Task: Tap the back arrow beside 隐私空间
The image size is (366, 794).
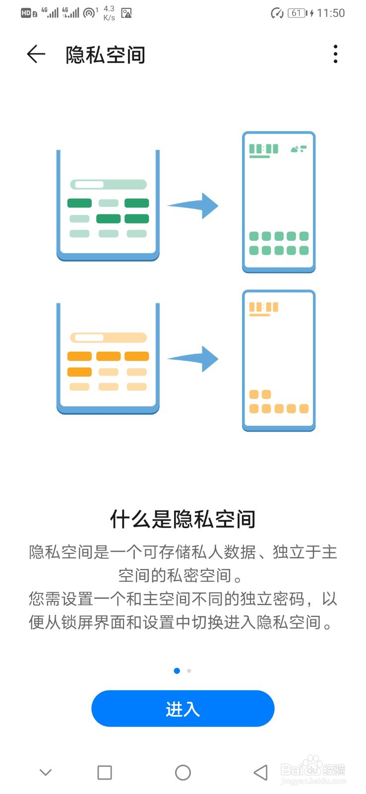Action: [36, 54]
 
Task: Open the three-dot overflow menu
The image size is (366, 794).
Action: [336, 54]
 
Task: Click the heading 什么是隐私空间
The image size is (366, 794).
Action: [183, 519]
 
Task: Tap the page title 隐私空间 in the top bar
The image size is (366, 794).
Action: [105, 55]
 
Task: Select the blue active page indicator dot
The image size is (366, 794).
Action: [177, 671]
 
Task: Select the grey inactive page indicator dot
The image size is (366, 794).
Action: [189, 671]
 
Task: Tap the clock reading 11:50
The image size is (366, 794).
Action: [331, 13]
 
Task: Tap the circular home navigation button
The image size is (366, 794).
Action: [183, 773]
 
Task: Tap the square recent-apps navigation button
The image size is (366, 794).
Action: [105, 773]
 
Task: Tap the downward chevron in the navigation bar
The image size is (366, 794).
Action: [46, 773]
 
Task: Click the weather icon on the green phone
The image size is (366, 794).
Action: [299, 148]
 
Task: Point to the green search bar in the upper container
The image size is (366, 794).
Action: [109, 185]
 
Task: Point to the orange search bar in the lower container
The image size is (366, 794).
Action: [109, 338]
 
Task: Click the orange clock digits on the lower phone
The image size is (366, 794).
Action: [264, 307]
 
